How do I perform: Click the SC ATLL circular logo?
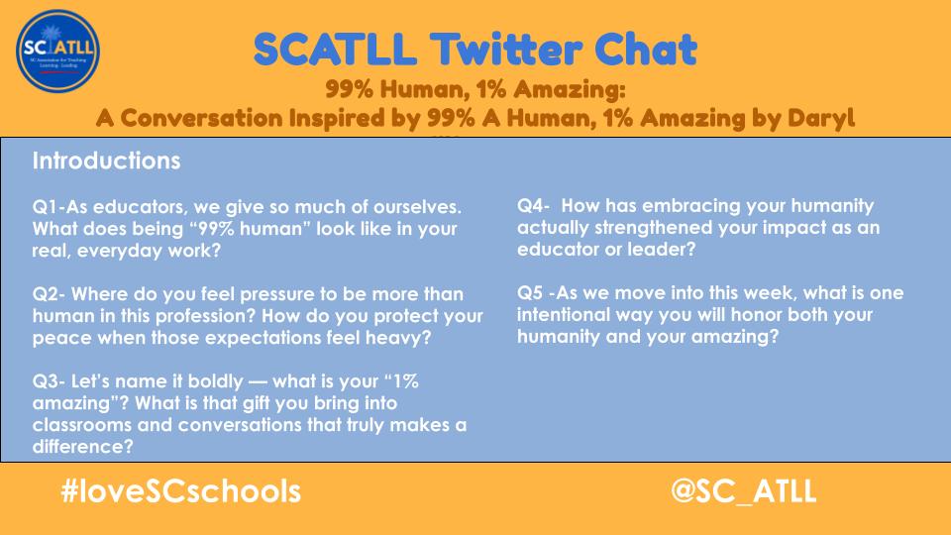point(58,49)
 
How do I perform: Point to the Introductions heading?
point(106,160)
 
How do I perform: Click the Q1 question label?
point(46,208)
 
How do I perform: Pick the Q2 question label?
point(48,295)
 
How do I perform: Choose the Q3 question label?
point(48,381)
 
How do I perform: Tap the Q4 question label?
point(532,206)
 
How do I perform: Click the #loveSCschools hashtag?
point(179,491)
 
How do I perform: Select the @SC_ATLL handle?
point(743,491)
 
